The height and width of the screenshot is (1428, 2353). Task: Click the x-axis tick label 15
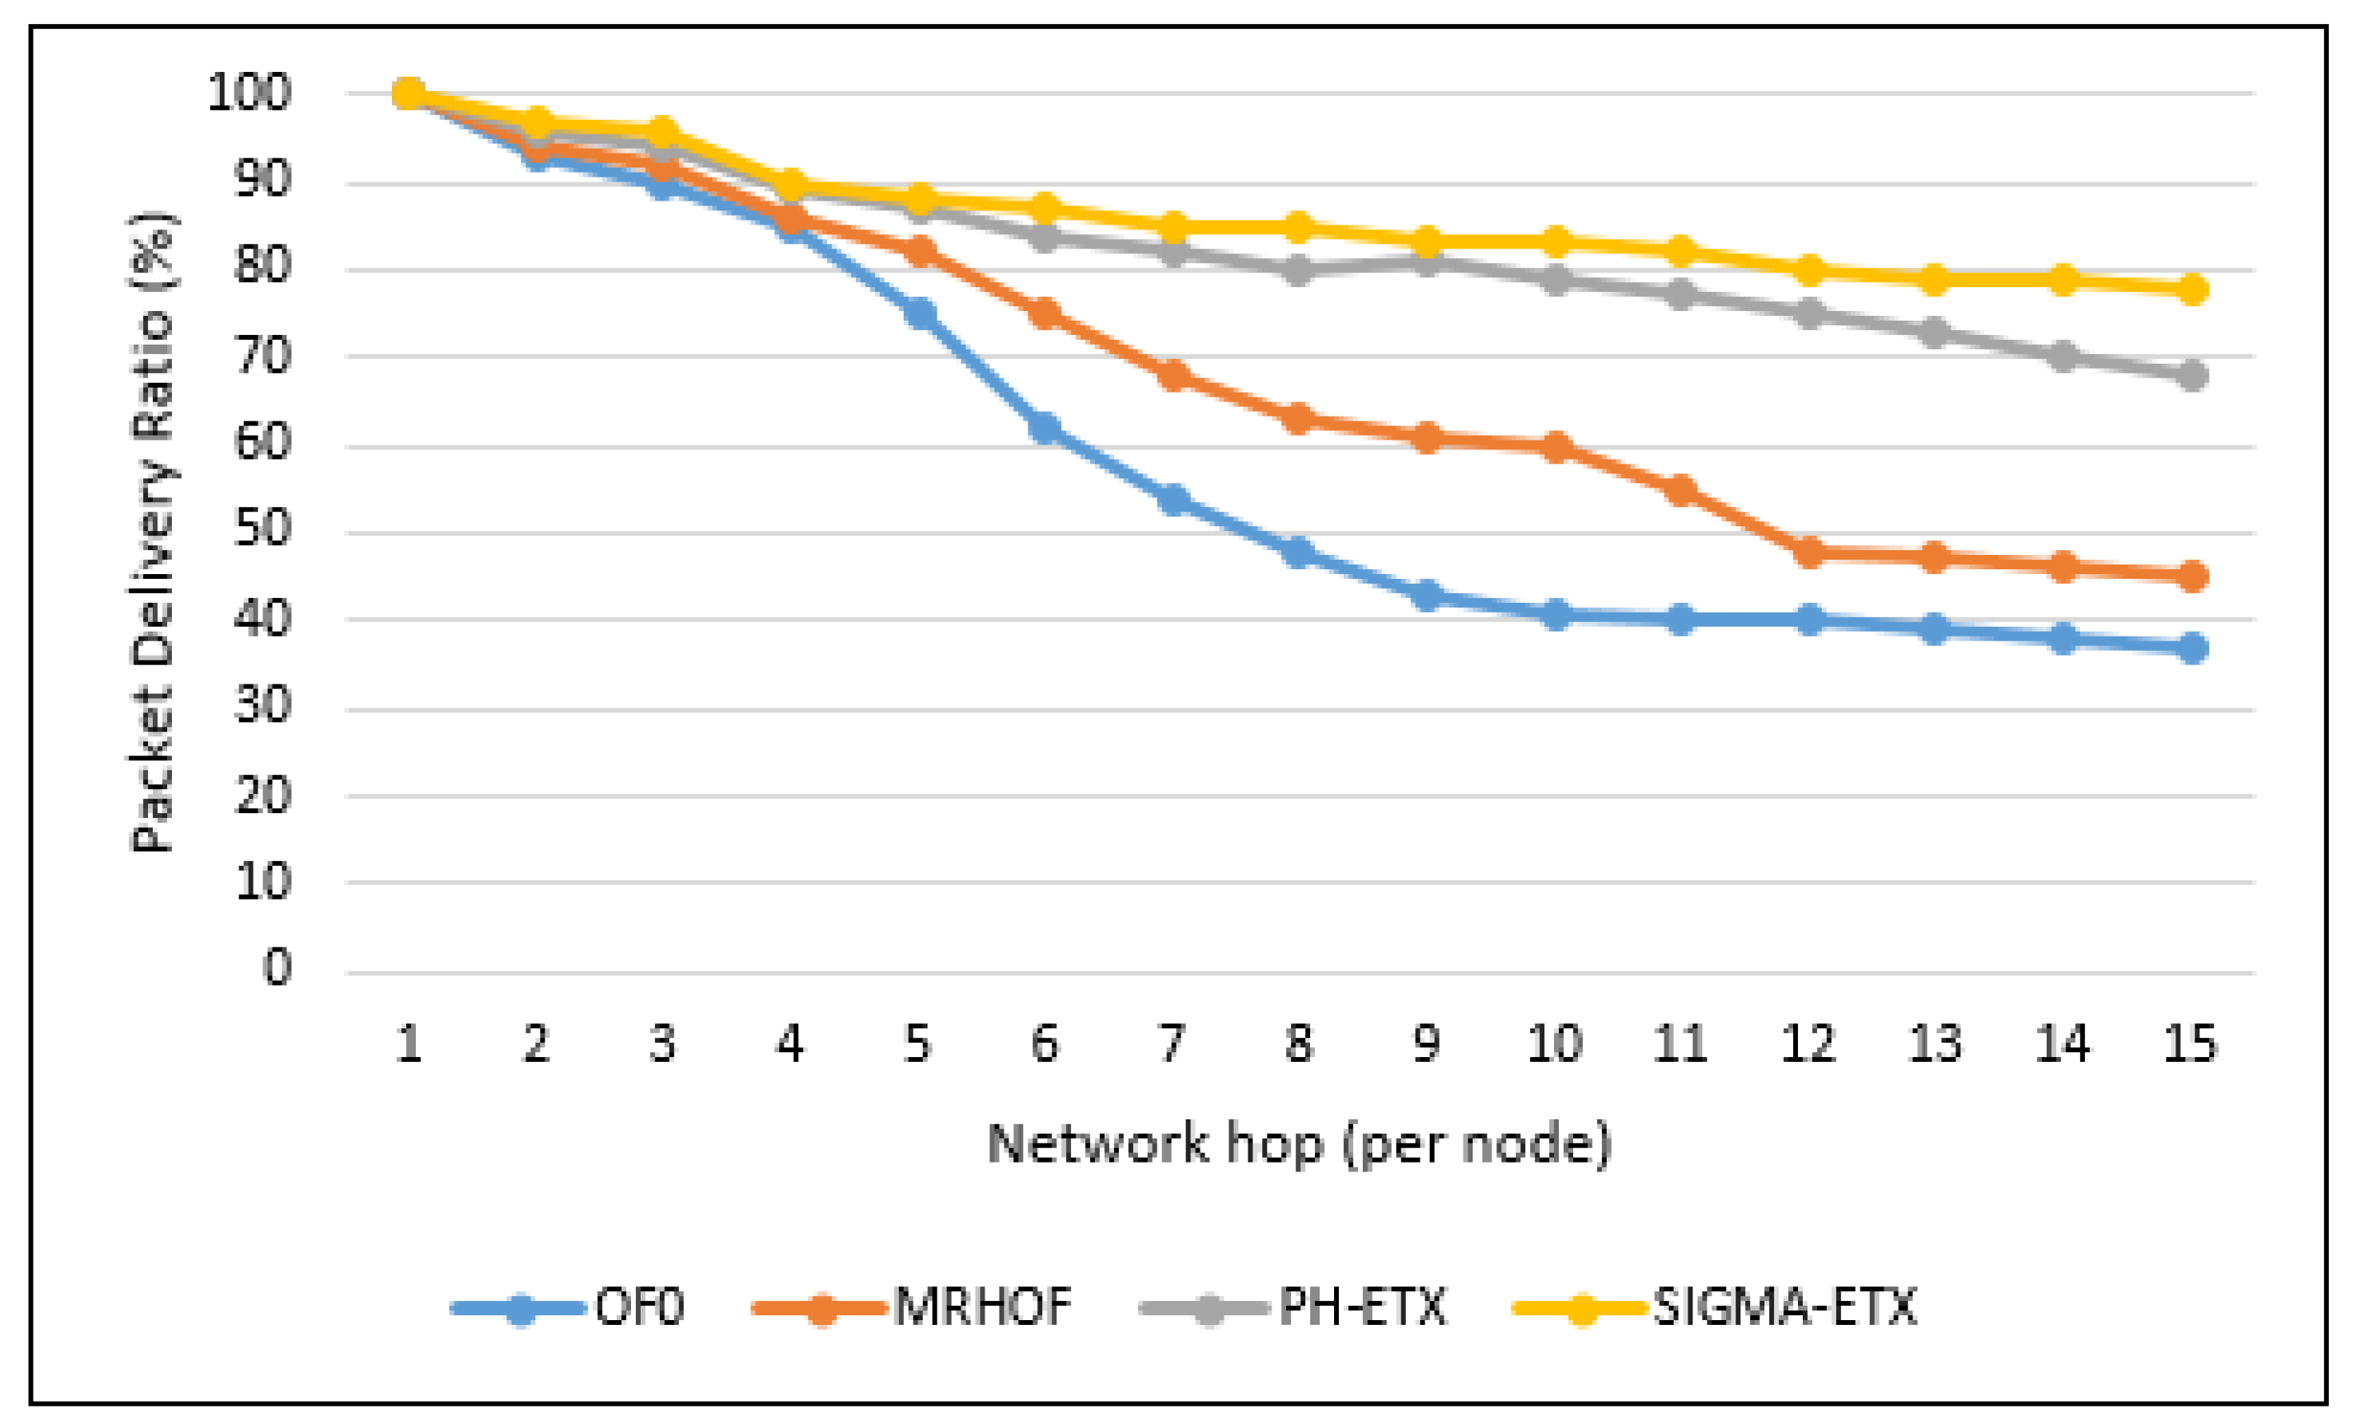click(x=2190, y=1043)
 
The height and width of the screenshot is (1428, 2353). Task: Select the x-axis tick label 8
click(x=1299, y=1043)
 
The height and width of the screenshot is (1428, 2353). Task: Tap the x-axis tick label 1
click(x=409, y=1043)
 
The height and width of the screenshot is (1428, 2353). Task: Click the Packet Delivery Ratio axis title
click(x=153, y=532)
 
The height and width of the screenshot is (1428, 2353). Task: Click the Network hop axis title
click(x=1299, y=1143)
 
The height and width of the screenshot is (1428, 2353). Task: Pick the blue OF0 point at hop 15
click(x=2192, y=648)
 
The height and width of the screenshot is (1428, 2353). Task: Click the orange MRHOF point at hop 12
click(x=1808, y=552)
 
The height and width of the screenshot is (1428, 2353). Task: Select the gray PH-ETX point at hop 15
click(x=2192, y=374)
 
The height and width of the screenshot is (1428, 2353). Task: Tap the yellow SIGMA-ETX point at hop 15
click(x=2192, y=289)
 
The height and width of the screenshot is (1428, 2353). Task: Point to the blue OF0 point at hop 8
click(x=1299, y=552)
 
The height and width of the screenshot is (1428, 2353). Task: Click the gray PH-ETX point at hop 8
click(x=1299, y=270)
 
